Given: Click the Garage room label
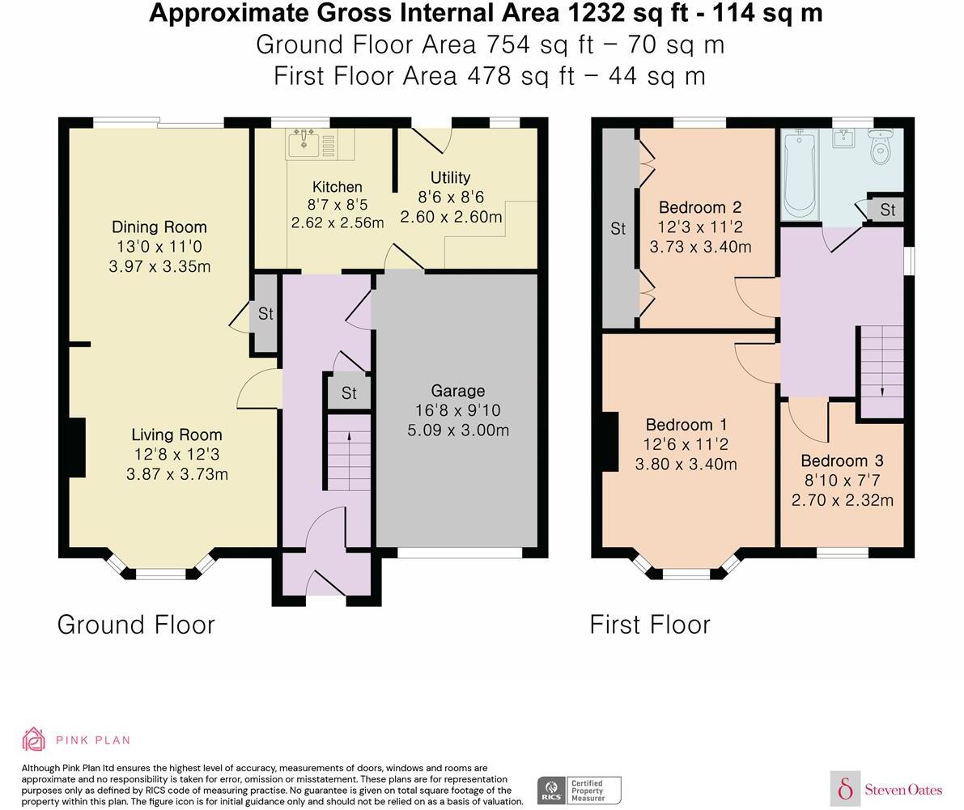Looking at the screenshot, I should point(457,390).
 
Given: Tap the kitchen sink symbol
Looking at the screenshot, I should point(304,142).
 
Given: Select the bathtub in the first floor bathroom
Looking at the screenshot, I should point(799,174).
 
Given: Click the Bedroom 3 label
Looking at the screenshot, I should point(842,460).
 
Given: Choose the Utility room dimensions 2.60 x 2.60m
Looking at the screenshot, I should point(451,217).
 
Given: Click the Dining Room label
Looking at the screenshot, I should point(159,227).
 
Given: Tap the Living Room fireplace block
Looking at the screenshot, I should point(75,447).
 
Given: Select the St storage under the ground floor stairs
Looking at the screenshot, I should point(349,393).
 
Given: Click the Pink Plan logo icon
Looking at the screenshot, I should point(34,740).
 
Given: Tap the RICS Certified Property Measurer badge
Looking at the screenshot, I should point(580,790).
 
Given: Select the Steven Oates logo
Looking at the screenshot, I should point(887,789).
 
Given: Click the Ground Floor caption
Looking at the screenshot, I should point(136,625).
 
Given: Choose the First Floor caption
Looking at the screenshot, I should point(650,625).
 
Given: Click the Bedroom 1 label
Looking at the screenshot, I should point(686,425).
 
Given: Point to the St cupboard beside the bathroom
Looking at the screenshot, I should point(887,210).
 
